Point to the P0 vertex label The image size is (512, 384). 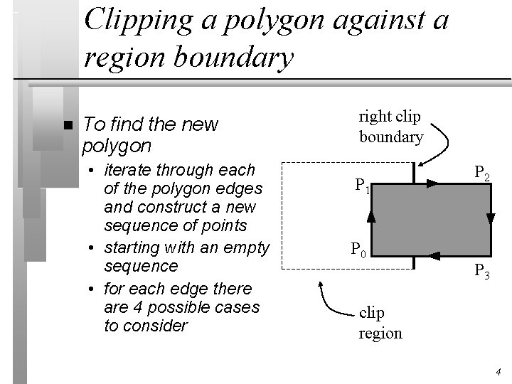point(358,250)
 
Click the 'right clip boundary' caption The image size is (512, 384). point(390,127)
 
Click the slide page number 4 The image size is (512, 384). point(498,370)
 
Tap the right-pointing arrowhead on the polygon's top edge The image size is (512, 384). point(432,183)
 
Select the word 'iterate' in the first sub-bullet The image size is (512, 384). point(129,171)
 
